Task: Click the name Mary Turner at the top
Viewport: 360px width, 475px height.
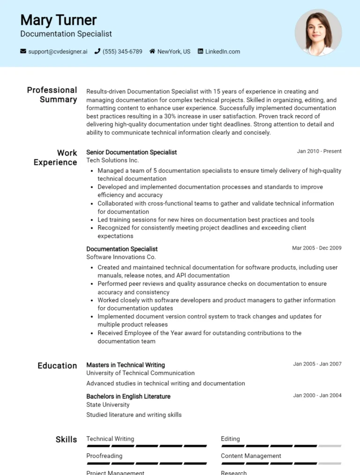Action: (58, 20)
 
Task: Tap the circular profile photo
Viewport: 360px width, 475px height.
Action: (318, 32)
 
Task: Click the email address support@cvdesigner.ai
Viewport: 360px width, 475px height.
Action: (58, 52)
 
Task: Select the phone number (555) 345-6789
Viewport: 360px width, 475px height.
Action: (122, 52)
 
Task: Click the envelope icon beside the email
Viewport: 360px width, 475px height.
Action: (23, 52)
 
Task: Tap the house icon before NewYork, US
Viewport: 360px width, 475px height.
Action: (152, 52)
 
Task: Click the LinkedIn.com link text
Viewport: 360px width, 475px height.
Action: (222, 52)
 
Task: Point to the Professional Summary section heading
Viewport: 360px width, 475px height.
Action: (52, 95)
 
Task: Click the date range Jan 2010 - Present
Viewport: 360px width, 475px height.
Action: (319, 151)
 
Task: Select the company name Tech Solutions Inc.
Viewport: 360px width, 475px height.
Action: (112, 160)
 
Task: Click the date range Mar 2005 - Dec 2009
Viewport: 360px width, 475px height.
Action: (316, 248)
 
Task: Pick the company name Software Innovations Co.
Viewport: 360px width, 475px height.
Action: (121, 257)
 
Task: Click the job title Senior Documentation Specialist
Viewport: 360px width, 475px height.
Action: (131, 152)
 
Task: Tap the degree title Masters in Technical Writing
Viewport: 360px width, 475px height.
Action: (126, 365)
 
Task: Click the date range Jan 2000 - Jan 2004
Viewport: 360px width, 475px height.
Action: (317, 395)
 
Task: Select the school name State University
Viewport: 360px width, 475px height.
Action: (108, 405)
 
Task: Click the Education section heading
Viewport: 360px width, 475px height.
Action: (57, 366)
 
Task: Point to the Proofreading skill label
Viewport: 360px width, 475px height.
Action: (104, 456)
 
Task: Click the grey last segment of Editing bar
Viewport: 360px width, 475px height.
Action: (330, 446)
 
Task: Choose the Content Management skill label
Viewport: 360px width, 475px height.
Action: (251, 456)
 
